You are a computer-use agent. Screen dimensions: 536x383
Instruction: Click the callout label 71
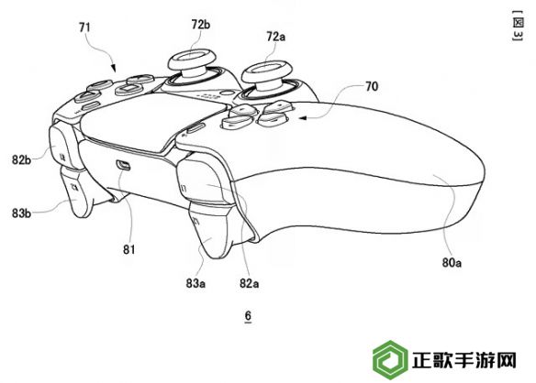[x=84, y=27]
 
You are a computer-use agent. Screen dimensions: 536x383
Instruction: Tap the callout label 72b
[x=201, y=25]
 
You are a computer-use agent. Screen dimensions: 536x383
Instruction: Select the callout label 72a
[x=276, y=37]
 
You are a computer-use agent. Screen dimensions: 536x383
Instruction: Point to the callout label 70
[x=372, y=86]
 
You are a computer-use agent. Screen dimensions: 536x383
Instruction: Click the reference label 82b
[x=21, y=159]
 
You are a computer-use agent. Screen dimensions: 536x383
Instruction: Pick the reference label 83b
[x=21, y=213]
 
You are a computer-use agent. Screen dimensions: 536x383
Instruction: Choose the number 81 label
[x=128, y=250]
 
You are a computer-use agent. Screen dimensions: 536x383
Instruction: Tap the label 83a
[x=195, y=283]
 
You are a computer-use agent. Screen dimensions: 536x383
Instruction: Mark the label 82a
[x=250, y=283]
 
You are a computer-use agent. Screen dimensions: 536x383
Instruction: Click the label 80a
[x=452, y=262]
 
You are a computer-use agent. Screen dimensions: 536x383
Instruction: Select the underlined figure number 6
[x=248, y=316]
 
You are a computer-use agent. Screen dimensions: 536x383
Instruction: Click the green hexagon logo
[x=390, y=360]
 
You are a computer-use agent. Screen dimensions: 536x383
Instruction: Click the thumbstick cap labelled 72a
[x=266, y=71]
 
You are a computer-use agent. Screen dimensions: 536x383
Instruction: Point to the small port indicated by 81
[x=123, y=165]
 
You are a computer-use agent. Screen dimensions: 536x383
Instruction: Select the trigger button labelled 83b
[x=77, y=192]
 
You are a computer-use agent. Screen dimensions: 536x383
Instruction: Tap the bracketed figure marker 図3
[x=518, y=26]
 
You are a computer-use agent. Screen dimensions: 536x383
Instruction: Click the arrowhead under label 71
[x=113, y=69]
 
